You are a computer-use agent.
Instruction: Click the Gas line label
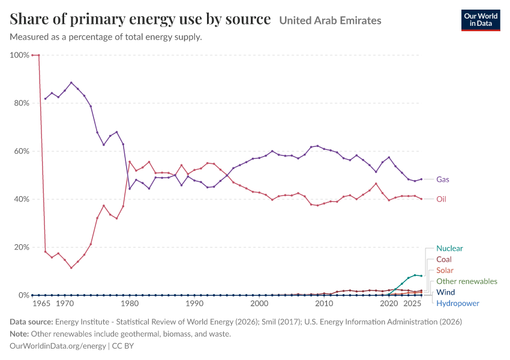(442, 179)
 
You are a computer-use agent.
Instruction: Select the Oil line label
(441, 199)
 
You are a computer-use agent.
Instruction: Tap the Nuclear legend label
(449, 248)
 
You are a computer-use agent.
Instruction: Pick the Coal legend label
(443, 260)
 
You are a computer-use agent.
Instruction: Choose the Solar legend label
(445, 271)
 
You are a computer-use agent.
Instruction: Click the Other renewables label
(467, 281)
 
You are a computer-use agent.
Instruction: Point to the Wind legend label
(445, 292)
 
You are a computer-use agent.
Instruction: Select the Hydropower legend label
(458, 304)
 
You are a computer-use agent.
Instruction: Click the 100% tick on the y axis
(20, 55)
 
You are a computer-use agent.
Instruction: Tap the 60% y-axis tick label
(22, 151)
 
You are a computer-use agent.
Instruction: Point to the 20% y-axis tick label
(22, 247)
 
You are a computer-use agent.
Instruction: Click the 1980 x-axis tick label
(130, 304)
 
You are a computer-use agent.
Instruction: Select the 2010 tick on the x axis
(324, 304)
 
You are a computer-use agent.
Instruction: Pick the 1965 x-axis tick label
(41, 304)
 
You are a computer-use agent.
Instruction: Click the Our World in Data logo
(481, 20)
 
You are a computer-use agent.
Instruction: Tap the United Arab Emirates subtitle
(330, 20)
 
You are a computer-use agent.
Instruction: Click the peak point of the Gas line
(71, 83)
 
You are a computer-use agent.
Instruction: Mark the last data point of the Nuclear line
(421, 276)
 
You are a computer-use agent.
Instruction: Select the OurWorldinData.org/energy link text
(58, 346)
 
